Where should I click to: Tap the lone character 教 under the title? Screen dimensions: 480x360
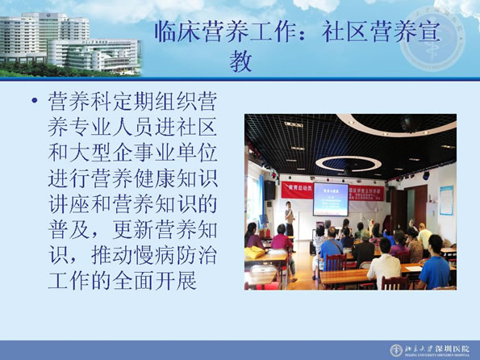click(x=240, y=61)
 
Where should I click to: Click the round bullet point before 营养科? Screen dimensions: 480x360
click(x=35, y=100)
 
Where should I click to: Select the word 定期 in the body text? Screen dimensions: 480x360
click(x=133, y=101)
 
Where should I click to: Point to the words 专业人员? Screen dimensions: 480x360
click(x=112, y=127)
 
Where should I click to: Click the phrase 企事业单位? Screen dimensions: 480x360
click(x=165, y=153)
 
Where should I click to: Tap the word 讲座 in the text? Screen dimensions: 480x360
click(x=69, y=203)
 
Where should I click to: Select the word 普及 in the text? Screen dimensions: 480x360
click(x=69, y=229)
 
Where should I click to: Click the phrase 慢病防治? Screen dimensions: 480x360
click(x=176, y=255)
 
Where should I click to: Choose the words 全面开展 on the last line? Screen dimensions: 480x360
click(x=155, y=281)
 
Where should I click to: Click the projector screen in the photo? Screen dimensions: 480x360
click(x=331, y=199)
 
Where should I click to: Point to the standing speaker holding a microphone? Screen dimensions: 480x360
click(x=290, y=219)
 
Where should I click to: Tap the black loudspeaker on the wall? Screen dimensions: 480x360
click(x=269, y=190)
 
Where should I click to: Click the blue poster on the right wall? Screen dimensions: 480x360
click(x=446, y=200)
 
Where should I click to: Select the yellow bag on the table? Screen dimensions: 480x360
click(x=254, y=253)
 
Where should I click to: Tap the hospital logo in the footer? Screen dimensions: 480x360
click(x=396, y=350)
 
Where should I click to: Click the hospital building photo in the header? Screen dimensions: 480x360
click(x=70, y=44)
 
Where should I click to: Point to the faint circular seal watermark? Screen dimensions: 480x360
click(x=432, y=39)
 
